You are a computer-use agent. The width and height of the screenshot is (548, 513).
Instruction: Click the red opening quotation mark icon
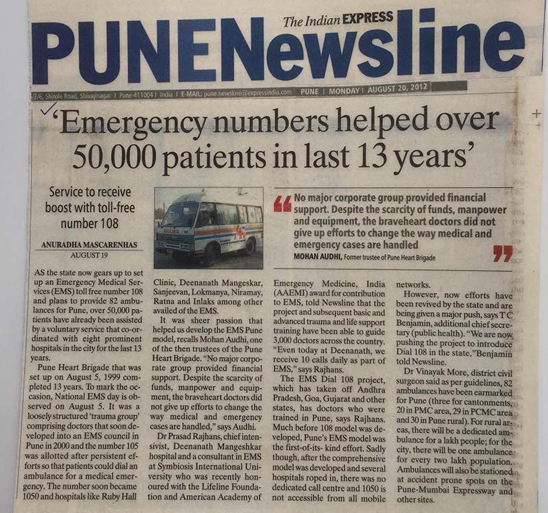(x=282, y=203)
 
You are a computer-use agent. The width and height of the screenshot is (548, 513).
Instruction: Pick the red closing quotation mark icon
(x=502, y=254)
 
